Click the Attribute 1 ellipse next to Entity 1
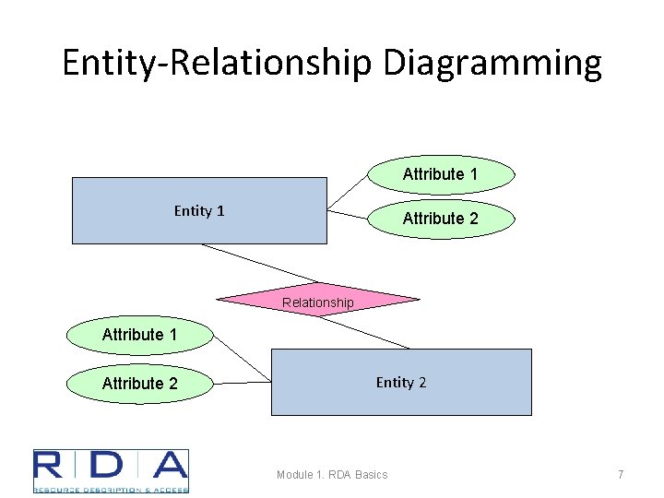click(x=441, y=174)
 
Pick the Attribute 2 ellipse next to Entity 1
click(x=441, y=219)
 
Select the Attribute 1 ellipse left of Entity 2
click(x=139, y=335)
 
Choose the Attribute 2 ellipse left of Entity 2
click(x=139, y=383)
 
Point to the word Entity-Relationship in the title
click(x=218, y=63)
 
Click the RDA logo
click(x=111, y=470)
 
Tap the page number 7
click(x=621, y=474)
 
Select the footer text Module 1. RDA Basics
click(x=332, y=474)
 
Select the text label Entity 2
click(x=401, y=382)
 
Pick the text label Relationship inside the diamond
click(x=317, y=302)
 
